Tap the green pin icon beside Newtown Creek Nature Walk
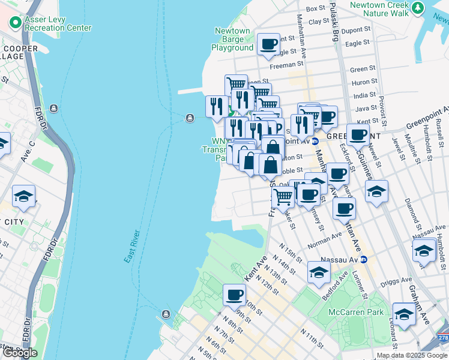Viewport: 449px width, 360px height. coord(418,8)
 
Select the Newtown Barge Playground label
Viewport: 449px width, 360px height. coord(232,39)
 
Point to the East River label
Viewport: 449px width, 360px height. coord(132,246)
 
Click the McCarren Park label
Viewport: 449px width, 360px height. coord(356,312)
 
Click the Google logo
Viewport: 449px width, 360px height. coord(20,353)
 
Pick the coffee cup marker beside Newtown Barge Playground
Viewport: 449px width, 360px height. coord(268,44)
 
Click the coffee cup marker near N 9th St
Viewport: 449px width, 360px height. coord(234,295)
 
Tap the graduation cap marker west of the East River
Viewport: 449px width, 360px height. coord(23,196)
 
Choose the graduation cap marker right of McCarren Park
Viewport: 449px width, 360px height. coord(404,314)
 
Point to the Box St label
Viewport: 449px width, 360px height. coord(315,8)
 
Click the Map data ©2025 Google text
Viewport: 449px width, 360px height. coord(412,355)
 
